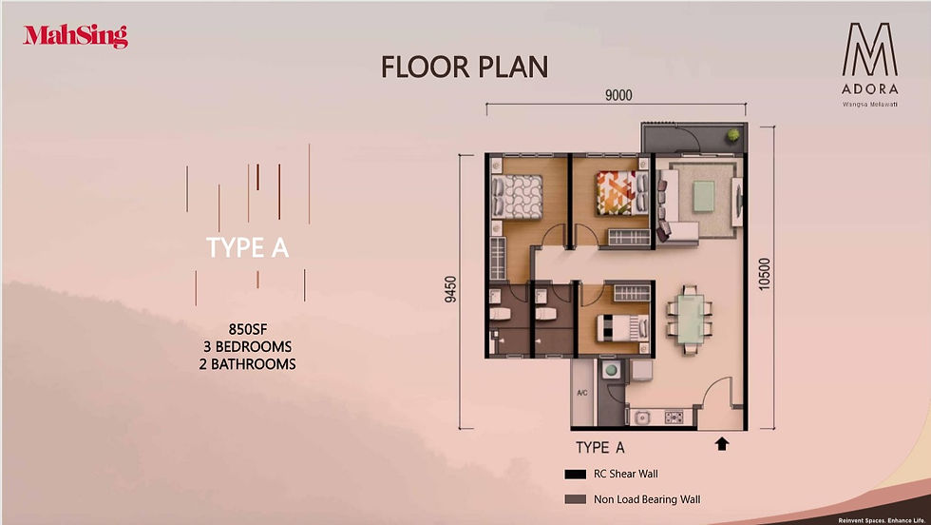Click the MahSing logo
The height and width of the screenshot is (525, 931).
coord(75,37)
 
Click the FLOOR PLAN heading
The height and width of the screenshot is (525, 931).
coord(465,67)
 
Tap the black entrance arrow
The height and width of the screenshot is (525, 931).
coord(722,442)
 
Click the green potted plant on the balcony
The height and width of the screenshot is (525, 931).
coord(734,135)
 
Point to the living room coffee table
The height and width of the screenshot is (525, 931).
coord(705,196)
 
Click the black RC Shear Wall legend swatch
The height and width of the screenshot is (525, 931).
coord(575,475)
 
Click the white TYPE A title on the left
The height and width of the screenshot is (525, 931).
coord(247,247)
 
